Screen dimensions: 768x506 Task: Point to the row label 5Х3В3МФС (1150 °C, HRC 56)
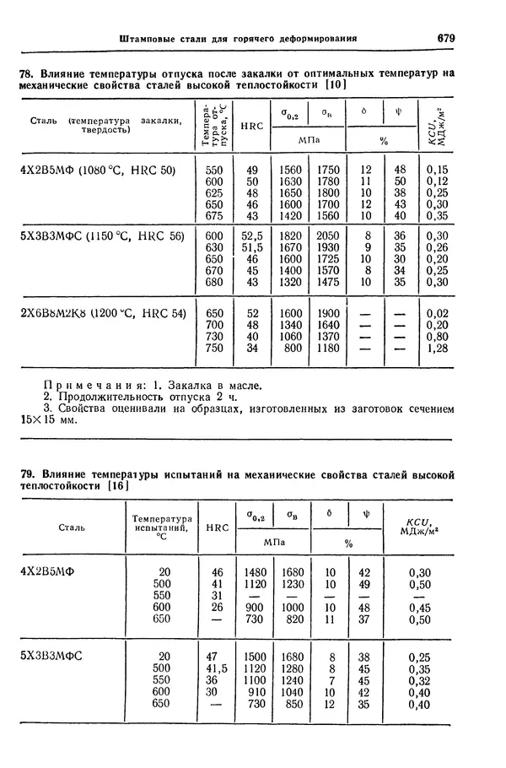tap(101, 235)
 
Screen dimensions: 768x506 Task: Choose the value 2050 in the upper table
tap(328, 235)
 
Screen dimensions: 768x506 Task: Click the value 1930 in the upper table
tap(328, 247)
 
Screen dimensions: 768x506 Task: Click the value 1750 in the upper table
tap(328, 170)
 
